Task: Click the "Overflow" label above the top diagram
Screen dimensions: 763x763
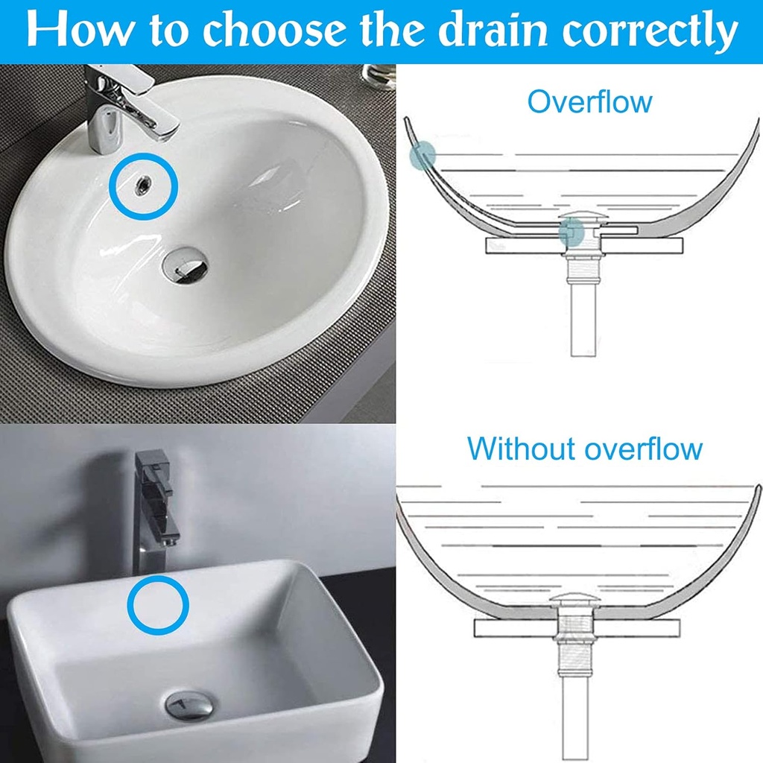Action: pyautogui.click(x=589, y=101)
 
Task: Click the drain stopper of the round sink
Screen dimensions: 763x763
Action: pyautogui.click(x=186, y=264)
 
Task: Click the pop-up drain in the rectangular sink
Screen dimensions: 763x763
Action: pyautogui.click(x=188, y=705)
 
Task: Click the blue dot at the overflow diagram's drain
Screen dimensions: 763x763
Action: pyautogui.click(x=571, y=235)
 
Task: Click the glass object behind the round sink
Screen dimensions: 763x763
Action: pyautogui.click(x=379, y=75)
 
